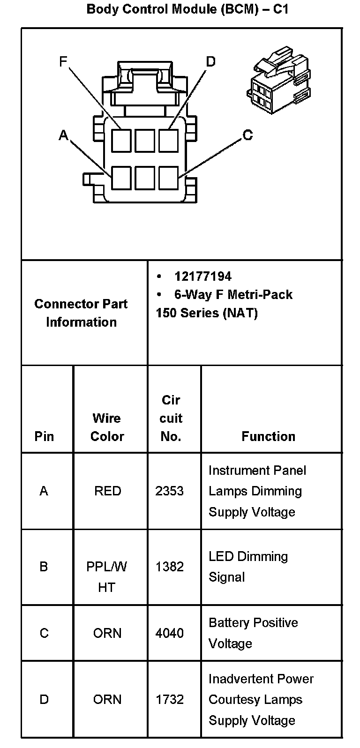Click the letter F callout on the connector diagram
point(63,61)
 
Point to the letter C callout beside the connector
point(247,135)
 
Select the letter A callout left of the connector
point(63,135)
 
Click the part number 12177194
point(202,277)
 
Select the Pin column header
point(44,436)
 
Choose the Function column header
point(268,436)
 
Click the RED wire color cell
point(107,491)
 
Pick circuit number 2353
point(170,491)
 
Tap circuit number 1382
point(170,567)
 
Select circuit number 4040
point(170,633)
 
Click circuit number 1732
point(170,699)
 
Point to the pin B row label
point(44,567)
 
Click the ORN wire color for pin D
point(107,699)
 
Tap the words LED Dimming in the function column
point(248,557)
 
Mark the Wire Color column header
point(107,427)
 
